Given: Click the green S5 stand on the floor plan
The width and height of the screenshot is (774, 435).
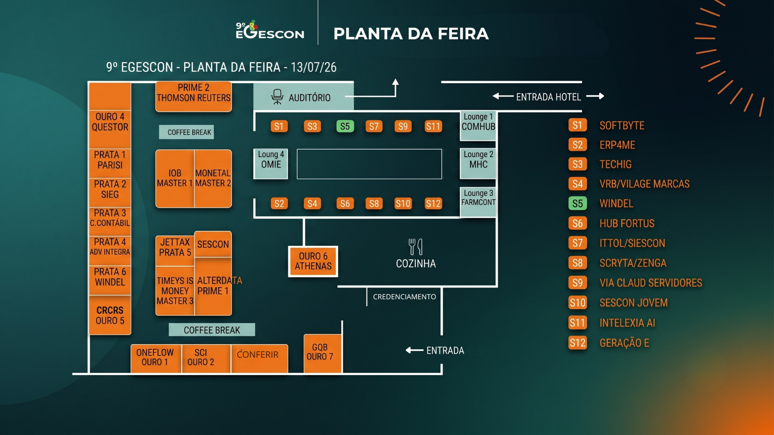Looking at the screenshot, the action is coord(345,126).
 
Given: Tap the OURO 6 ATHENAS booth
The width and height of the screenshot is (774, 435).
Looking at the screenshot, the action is coord(313,261).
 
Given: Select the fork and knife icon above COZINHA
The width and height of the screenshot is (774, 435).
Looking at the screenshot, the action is coord(416,246).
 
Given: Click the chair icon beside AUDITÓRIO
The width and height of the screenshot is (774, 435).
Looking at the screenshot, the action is coord(277,97).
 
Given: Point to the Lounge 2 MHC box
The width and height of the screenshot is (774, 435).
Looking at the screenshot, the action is coord(478,164).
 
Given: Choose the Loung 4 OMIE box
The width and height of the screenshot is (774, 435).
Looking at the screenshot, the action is coord(271,164).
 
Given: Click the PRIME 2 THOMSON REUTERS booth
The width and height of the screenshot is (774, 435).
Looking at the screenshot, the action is coord(193,97).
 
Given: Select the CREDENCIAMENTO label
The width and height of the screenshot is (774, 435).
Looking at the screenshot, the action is coord(404,297).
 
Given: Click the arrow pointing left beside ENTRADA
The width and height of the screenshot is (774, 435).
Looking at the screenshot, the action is coord(414,350).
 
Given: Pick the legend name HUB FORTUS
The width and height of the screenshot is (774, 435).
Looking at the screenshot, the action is coord(627,224).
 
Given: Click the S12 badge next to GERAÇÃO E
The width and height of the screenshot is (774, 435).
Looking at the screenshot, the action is coord(577,343).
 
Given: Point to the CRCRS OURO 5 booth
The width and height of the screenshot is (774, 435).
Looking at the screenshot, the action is coord(110,315).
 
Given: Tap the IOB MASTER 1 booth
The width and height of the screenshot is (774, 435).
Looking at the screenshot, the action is coord(175,178).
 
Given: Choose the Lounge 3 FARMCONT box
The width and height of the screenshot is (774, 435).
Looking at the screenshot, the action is coord(478,202).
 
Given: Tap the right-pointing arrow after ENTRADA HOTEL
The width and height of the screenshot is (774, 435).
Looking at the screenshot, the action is coord(595,96).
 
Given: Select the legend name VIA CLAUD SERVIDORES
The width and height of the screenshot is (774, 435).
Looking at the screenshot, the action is coord(651,283).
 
